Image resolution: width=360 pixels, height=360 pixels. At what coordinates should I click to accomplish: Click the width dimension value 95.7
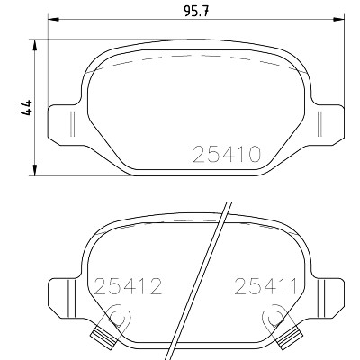click(x=195, y=12)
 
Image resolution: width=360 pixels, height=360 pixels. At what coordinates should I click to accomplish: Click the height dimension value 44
click(x=26, y=108)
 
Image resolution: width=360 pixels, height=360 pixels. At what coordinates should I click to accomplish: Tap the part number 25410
click(x=227, y=154)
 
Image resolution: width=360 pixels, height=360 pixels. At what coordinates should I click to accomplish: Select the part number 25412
click(x=129, y=286)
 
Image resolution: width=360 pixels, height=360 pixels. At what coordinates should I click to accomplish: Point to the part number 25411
click(x=265, y=286)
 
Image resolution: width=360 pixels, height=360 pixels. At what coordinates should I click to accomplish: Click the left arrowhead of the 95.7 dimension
click(x=54, y=19)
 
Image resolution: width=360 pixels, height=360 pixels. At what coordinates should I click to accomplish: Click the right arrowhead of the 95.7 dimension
click(x=338, y=19)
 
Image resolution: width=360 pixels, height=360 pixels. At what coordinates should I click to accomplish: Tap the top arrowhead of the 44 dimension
click(x=35, y=45)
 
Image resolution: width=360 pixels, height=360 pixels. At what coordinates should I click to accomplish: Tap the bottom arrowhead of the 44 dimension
click(x=35, y=170)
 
